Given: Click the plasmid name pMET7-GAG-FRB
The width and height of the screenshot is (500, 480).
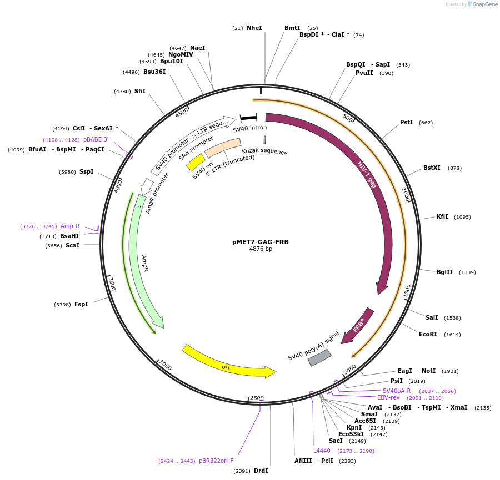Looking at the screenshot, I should (261, 242).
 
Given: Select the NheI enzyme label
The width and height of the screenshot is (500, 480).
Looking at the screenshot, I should (254, 28).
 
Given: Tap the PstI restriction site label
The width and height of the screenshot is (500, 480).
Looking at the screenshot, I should (406, 122).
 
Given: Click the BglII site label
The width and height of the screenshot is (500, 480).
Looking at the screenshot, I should (444, 272).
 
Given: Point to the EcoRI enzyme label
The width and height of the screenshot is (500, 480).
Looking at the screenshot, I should (429, 334).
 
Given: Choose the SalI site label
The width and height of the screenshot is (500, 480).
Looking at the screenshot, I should (432, 317).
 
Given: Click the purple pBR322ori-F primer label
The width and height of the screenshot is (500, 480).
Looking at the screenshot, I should (216, 461).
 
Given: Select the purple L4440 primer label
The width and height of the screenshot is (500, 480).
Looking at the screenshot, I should (322, 451).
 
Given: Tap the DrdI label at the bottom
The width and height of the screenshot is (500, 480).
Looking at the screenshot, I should (261, 471).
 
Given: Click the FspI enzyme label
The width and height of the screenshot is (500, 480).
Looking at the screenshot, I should (81, 304).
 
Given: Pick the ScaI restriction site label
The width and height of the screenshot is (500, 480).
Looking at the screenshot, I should (72, 245).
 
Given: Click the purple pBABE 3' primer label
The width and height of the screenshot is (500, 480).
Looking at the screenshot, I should (96, 139).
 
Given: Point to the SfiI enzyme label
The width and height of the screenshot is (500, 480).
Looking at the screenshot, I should (140, 91).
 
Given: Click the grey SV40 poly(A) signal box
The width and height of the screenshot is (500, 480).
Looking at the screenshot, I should (319, 357).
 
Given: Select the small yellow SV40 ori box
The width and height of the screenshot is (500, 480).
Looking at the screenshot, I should (196, 162).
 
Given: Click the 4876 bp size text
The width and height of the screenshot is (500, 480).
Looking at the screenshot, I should (261, 249).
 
